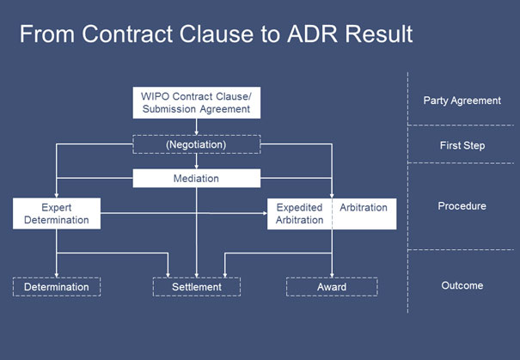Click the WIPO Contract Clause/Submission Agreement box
coord(196,102)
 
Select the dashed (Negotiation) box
coord(196,145)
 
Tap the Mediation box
coord(196,179)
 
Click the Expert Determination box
coord(57,214)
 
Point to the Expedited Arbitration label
coord(300,214)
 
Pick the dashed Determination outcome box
coord(57,287)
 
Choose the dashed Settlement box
coord(196,287)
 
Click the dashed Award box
coord(331,287)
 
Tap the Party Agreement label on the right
coord(462,101)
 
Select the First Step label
coord(462,146)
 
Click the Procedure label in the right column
coord(462,206)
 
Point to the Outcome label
coord(462,286)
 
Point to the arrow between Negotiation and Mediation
coord(196,162)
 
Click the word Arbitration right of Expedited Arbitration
coord(363,208)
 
